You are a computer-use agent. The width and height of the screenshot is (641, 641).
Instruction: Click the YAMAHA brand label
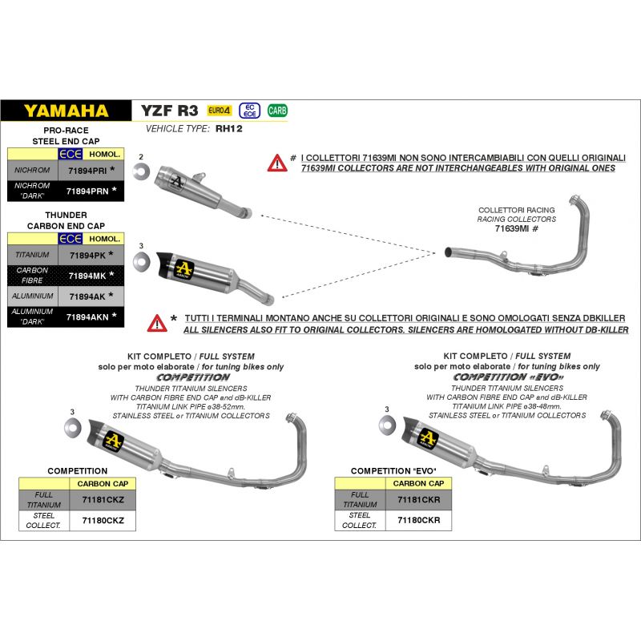(x=66, y=111)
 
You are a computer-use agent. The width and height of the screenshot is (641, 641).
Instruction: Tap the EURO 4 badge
(x=219, y=111)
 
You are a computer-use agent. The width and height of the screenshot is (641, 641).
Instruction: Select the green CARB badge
(x=277, y=111)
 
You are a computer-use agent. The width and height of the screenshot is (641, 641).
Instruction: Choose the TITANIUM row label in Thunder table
(x=32, y=255)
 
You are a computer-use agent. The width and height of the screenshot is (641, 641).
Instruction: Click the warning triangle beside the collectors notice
(x=276, y=163)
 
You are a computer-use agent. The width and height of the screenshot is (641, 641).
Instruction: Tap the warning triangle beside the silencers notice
(x=157, y=323)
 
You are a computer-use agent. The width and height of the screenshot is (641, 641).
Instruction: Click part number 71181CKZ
(x=103, y=499)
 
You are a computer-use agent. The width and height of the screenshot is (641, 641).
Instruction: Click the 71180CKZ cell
(x=103, y=520)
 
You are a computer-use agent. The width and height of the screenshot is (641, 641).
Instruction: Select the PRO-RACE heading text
(x=66, y=130)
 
